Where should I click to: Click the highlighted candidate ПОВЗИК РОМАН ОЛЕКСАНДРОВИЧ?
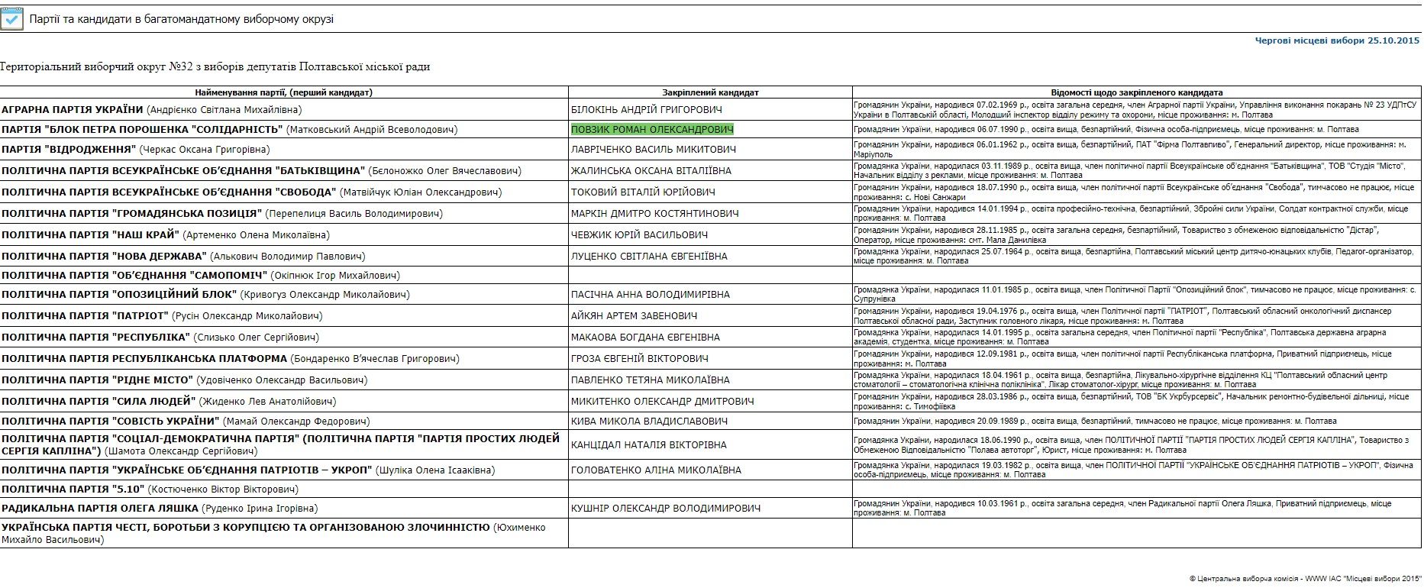[x=652, y=130]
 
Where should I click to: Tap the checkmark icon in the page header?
[x=12, y=19]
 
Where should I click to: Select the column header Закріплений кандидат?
[x=710, y=92]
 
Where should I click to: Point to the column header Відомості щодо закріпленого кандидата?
[x=1136, y=92]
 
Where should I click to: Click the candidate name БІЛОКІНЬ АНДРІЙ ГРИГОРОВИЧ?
[x=646, y=110]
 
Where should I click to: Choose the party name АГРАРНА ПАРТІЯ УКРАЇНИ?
[x=73, y=110]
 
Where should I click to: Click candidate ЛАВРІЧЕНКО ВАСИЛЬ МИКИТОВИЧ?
[x=653, y=150]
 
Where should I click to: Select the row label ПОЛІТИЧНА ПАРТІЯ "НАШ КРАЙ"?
[x=90, y=235]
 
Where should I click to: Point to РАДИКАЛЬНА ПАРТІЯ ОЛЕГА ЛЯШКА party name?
[x=100, y=509]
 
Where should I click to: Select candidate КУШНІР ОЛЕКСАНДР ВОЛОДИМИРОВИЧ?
[x=665, y=509]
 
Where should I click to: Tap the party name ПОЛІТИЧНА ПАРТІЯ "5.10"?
[x=73, y=489]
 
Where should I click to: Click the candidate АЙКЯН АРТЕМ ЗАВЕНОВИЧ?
[x=634, y=316]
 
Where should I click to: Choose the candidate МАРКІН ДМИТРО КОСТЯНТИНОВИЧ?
[x=654, y=214]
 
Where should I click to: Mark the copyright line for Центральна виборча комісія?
[x=1305, y=579]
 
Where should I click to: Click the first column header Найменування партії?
[x=283, y=92]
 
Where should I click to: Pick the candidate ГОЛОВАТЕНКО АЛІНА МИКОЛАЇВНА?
[x=656, y=470]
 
